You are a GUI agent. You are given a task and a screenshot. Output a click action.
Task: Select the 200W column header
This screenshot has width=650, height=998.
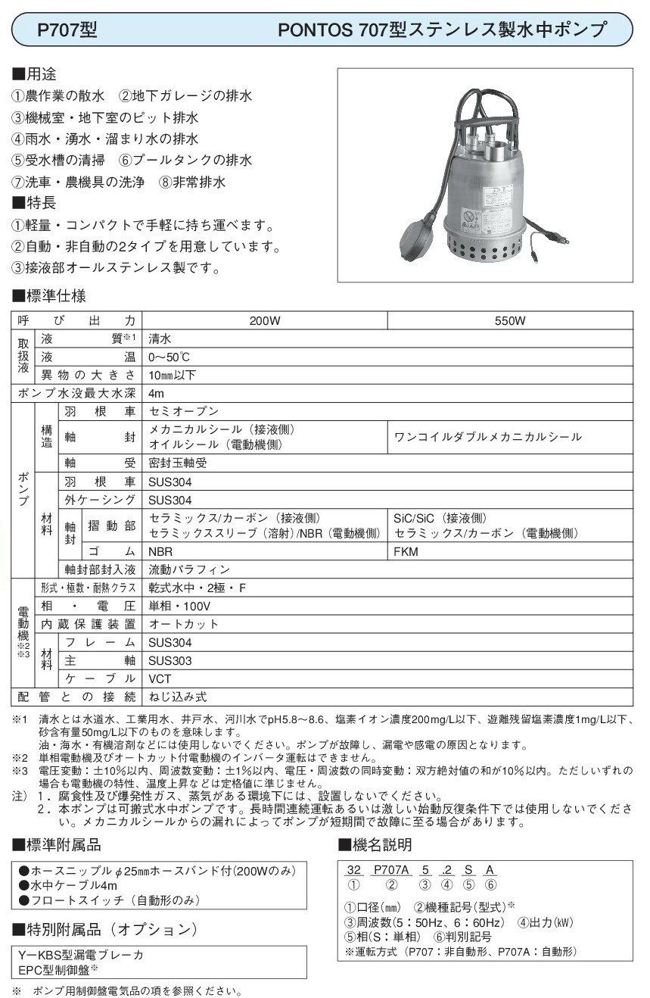click(x=265, y=321)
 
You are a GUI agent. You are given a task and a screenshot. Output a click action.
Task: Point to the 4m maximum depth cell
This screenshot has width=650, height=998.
click(x=157, y=394)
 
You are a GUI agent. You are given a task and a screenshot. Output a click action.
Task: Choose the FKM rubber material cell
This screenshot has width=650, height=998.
click(x=406, y=552)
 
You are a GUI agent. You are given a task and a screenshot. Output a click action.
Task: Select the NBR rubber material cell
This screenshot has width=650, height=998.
click(x=160, y=552)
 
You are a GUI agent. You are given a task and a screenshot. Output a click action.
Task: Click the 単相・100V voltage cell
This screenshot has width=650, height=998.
click(x=179, y=607)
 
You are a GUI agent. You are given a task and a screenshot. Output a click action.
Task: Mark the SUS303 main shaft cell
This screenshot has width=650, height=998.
click(x=169, y=661)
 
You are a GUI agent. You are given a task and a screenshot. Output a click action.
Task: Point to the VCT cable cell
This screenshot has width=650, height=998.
click(x=160, y=679)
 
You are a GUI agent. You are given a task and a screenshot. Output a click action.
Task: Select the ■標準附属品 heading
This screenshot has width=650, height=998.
click(x=58, y=845)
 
